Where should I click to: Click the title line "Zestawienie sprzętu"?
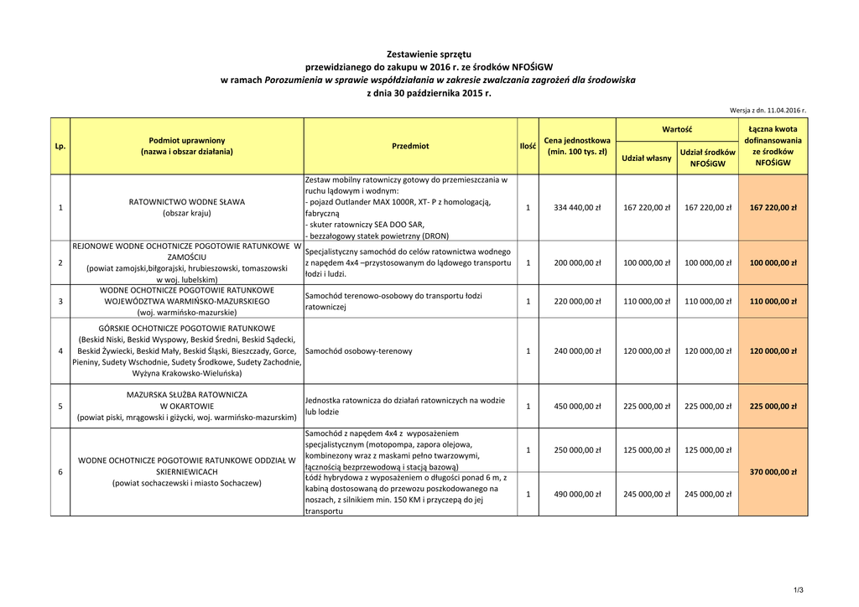(x=428, y=53)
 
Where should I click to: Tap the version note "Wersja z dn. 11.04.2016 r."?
(x=768, y=110)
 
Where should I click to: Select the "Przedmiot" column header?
(x=410, y=146)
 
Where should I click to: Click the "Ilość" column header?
(x=528, y=146)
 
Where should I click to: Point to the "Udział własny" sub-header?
(x=646, y=158)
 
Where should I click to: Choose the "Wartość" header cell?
(x=676, y=130)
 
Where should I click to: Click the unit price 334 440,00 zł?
(x=577, y=208)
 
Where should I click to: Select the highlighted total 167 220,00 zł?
(x=773, y=208)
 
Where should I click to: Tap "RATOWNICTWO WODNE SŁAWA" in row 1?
(x=187, y=202)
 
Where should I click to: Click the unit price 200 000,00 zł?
(x=577, y=262)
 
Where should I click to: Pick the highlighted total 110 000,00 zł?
(x=773, y=301)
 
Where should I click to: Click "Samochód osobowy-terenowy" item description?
(x=359, y=351)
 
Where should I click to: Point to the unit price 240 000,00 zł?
(x=577, y=351)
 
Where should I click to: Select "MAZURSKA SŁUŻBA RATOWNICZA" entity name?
(x=187, y=394)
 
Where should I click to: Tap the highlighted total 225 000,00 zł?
(x=773, y=407)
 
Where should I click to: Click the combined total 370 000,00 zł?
(x=773, y=472)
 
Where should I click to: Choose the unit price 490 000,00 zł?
(x=577, y=494)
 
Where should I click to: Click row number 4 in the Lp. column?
(x=60, y=351)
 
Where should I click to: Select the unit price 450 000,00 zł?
(x=577, y=407)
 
